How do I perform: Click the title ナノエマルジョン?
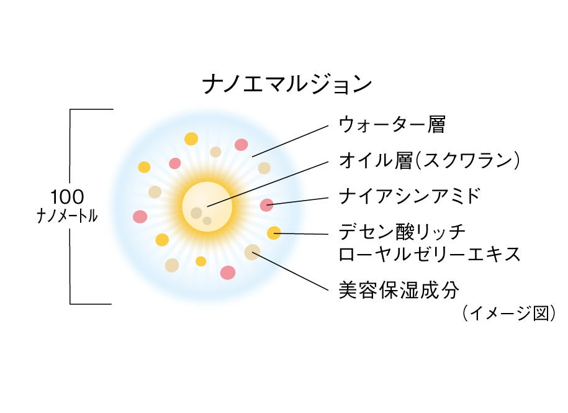287,84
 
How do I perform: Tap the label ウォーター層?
392,125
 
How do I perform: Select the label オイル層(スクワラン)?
429,161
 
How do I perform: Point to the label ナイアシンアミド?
410,197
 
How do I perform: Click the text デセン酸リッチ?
402,233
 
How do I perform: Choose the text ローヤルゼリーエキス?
429,254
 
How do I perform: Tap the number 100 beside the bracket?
67,197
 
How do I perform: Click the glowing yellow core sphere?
207,206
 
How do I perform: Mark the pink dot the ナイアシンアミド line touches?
266,204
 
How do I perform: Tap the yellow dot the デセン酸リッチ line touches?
274,233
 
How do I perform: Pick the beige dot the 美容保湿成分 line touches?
252,252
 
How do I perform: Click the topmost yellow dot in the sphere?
191,138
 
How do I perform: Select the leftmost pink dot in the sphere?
140,217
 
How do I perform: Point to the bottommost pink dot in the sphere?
228,272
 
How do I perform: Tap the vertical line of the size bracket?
70,161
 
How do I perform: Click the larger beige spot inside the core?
196,213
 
